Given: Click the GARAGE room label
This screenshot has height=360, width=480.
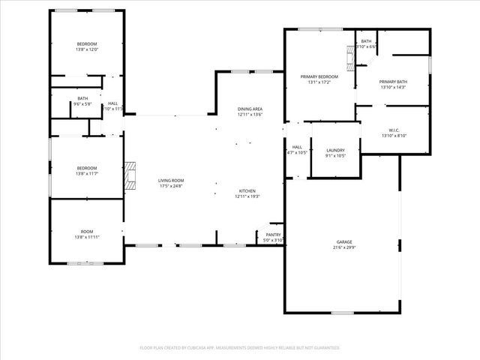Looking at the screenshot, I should click(344, 241).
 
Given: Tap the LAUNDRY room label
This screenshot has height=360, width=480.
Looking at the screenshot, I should click(335, 150).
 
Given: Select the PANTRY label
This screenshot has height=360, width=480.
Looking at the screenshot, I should click(273, 235).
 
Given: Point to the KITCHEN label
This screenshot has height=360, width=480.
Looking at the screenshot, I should click(248, 190).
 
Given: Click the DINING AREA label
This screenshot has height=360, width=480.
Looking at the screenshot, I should click(250, 109).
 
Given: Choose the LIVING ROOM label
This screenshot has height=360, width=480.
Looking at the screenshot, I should click(171, 181).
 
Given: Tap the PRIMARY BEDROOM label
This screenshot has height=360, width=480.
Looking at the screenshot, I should click(319, 76).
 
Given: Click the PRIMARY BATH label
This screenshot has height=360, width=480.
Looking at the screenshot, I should click(393, 82).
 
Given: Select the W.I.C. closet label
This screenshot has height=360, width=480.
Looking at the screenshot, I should click(394, 130).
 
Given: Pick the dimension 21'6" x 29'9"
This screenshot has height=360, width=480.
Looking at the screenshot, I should click(344, 247).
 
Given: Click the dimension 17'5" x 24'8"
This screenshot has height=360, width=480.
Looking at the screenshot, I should click(171, 186).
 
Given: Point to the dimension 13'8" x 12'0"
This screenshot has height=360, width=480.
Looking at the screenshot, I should click(87, 49).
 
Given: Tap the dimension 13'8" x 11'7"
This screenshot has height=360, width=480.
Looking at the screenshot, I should click(87, 173).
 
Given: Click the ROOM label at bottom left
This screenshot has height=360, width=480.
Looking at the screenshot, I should click(87, 232).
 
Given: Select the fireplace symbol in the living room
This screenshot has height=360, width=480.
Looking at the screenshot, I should click(131, 174).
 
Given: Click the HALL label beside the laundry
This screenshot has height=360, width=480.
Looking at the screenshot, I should click(297, 147).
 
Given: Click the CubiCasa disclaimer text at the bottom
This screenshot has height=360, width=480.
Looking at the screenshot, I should click(240, 348).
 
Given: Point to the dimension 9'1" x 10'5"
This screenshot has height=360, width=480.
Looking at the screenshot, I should click(335, 155).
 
